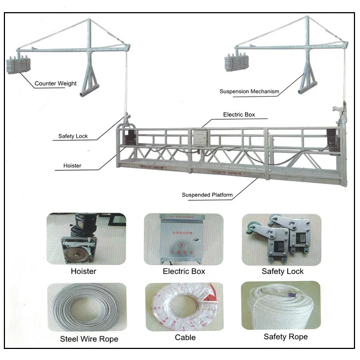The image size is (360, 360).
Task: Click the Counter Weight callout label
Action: [55, 84]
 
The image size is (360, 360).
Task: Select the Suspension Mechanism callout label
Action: [249, 91]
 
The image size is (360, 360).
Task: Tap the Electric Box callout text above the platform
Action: [239, 115]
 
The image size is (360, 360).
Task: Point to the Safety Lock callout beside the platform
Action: [73, 136]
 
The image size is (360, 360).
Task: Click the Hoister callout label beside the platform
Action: [72, 165]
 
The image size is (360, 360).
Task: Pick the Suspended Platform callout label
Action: [207, 195]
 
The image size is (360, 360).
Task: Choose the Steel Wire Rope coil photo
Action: [86, 306]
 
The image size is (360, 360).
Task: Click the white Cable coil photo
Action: [184, 306]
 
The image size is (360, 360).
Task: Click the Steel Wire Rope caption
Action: [89, 339]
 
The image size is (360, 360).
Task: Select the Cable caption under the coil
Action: [185, 337]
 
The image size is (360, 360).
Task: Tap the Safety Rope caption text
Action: [285, 336]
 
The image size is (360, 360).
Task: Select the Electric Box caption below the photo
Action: [184, 271]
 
